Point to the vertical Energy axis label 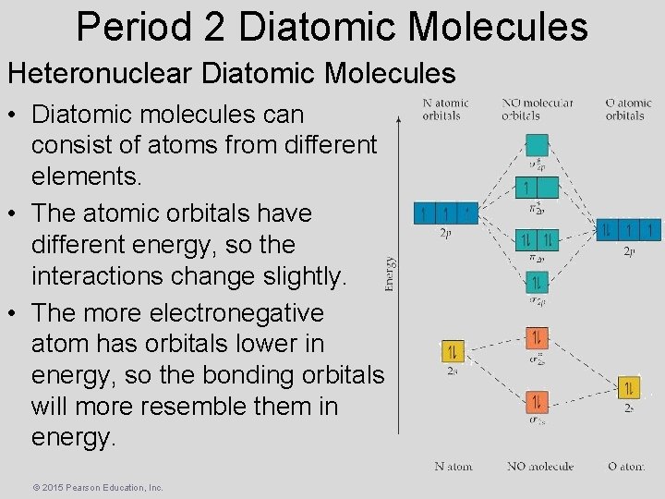tap(390, 274)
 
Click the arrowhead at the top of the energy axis tap(398, 117)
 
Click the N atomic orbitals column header tap(445, 109)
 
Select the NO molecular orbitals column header tap(538, 109)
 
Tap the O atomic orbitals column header tap(629, 109)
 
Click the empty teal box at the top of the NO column tap(538, 146)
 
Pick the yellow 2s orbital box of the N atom tap(453, 351)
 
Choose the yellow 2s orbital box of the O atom tap(628, 387)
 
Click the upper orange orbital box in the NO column tap(538, 338)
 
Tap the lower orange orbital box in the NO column tap(538, 402)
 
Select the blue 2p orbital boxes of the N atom tap(445, 214)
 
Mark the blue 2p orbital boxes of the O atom tap(629, 228)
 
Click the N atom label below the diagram tap(453, 466)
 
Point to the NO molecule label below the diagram tap(540, 466)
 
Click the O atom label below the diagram tap(625, 466)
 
